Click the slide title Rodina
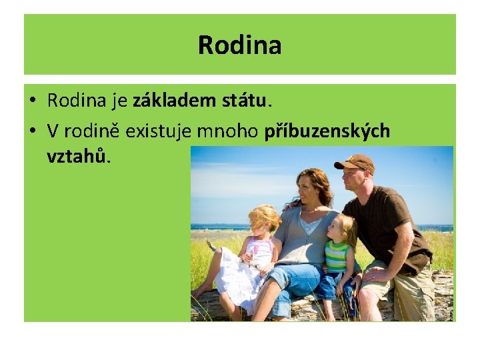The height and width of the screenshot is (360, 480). pos(240,45)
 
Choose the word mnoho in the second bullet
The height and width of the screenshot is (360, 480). pos(229,131)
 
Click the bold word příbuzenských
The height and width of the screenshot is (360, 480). pos(327,131)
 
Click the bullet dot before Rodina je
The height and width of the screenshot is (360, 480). pos(32,101)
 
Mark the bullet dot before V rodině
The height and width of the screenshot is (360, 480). pos(32,131)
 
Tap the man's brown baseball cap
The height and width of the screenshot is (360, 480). pos(355,161)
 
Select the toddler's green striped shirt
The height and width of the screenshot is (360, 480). pos(336,256)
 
